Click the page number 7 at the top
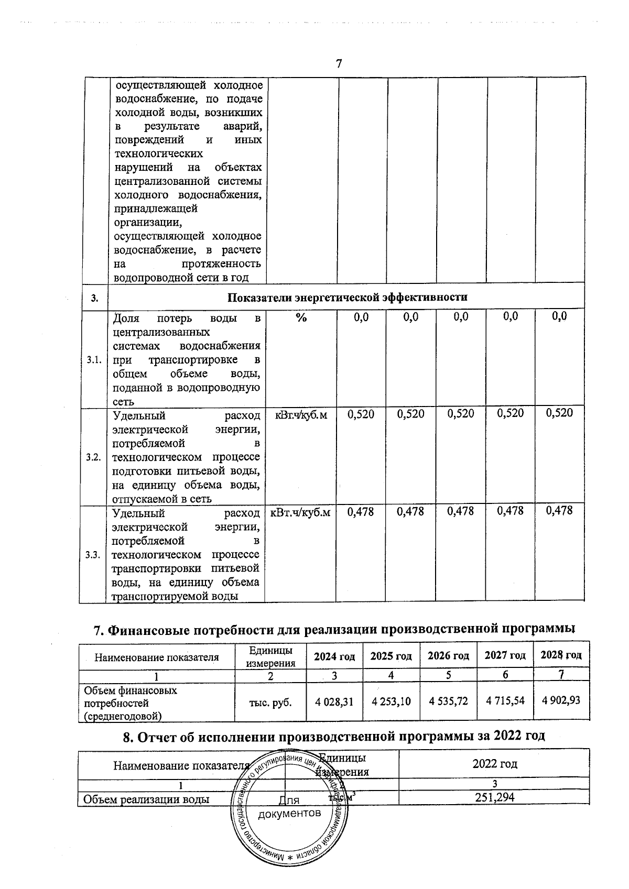[339, 64]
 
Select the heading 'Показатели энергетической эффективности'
[347, 298]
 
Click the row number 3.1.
[93, 360]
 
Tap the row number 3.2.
[93, 457]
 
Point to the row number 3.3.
[93, 555]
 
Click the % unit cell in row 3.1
[301, 317]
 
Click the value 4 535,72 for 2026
[448, 700]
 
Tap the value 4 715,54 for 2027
[505, 700]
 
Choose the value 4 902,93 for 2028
[560, 699]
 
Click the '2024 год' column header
[334, 656]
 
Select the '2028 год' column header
[561, 655]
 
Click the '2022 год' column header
[494, 764]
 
